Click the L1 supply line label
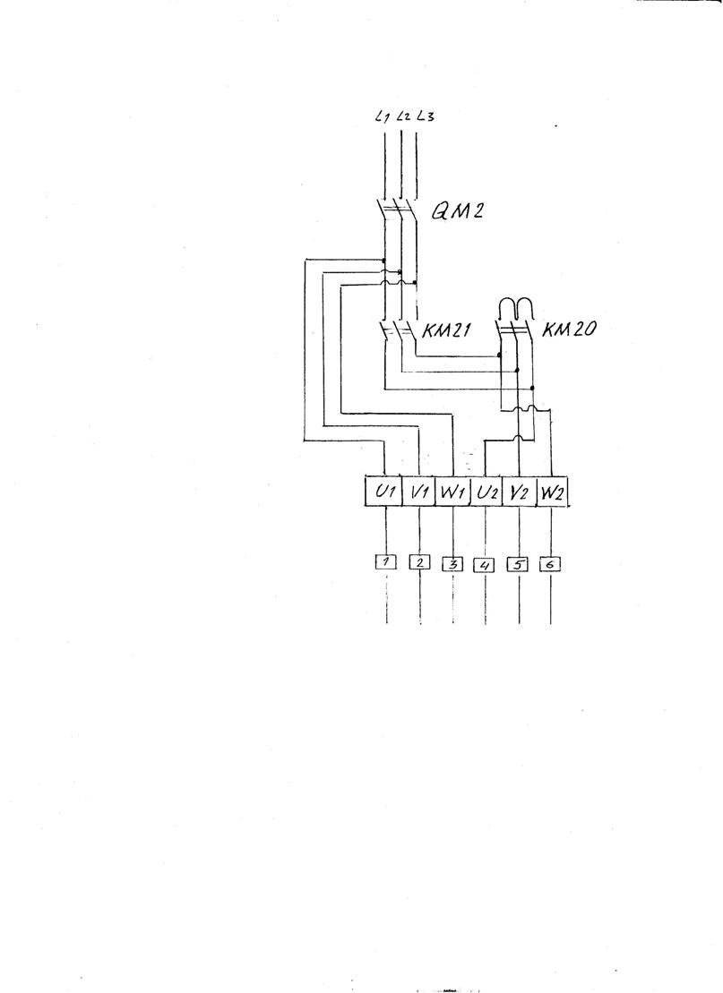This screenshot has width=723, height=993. (382, 116)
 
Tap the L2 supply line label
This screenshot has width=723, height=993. (403, 116)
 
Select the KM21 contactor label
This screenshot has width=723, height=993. (446, 330)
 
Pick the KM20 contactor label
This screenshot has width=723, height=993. (568, 330)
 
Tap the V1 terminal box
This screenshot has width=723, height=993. (419, 492)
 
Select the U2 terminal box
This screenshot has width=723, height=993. (486, 492)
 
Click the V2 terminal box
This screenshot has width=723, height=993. (519, 492)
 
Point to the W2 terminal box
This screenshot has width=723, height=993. (551, 492)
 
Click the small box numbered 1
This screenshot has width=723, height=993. (386, 561)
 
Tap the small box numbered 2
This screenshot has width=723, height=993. (419, 561)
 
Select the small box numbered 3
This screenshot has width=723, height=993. (452, 563)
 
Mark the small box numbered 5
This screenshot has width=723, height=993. (518, 563)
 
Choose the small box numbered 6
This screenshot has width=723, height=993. (550, 563)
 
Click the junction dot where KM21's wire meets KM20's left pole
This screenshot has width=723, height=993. (499, 355)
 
